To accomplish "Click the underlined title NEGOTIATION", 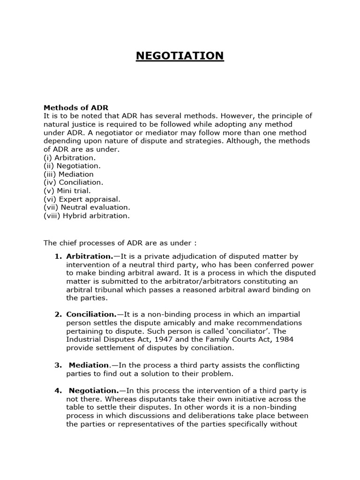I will coord(180,56).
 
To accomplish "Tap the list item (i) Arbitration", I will coord(69,157).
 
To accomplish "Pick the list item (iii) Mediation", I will coord(68,174).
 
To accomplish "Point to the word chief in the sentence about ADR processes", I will coord(67,243).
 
